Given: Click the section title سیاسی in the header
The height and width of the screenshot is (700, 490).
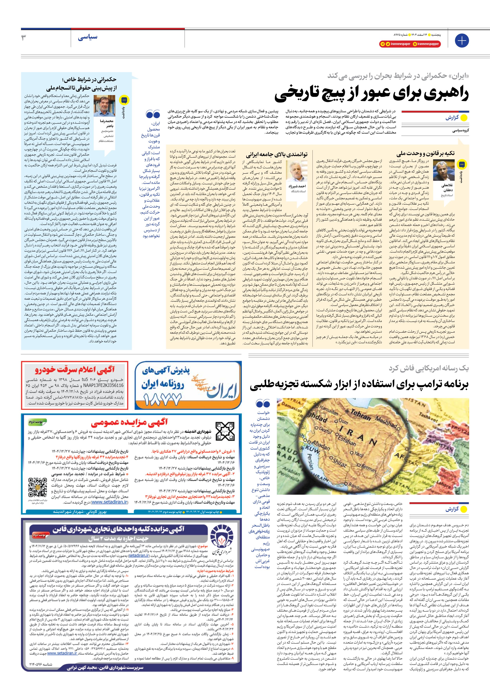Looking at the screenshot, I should (x=87, y=37).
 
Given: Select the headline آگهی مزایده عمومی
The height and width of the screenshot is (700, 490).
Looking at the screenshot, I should (x=129, y=422).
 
